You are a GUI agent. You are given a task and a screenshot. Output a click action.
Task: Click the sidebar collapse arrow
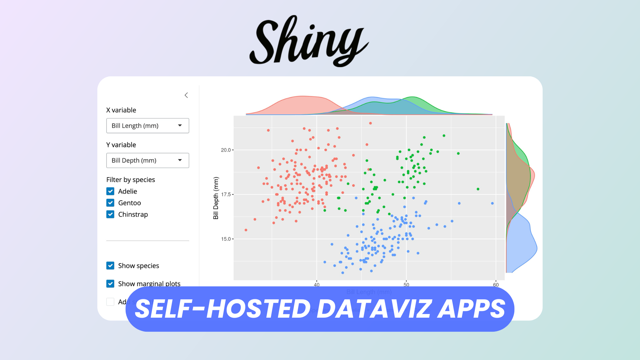186,95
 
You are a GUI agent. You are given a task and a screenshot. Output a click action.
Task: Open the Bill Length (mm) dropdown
148,126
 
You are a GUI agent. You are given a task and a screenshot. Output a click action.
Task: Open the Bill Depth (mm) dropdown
148,160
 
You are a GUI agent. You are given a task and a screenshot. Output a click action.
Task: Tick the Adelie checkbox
110,191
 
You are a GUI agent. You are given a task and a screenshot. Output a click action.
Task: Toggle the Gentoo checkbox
110,203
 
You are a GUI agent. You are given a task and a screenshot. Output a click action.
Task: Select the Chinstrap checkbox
110,214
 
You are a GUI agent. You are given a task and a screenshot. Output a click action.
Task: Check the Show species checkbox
110,266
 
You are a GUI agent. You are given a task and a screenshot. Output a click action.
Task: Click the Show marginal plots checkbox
110,284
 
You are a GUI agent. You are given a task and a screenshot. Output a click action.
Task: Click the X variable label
121,110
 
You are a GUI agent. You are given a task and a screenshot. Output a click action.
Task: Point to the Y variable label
121,145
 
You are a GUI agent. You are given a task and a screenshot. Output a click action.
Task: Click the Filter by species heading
131,180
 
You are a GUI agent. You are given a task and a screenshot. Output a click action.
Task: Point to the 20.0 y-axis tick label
226,150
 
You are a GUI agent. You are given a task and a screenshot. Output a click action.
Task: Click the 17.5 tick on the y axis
226,194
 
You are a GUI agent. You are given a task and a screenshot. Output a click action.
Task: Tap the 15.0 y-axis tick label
226,239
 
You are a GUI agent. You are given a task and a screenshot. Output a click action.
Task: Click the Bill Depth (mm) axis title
216,198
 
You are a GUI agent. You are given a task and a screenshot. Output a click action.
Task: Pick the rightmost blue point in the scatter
492,203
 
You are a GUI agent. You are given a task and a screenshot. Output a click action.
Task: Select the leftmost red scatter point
246,230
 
